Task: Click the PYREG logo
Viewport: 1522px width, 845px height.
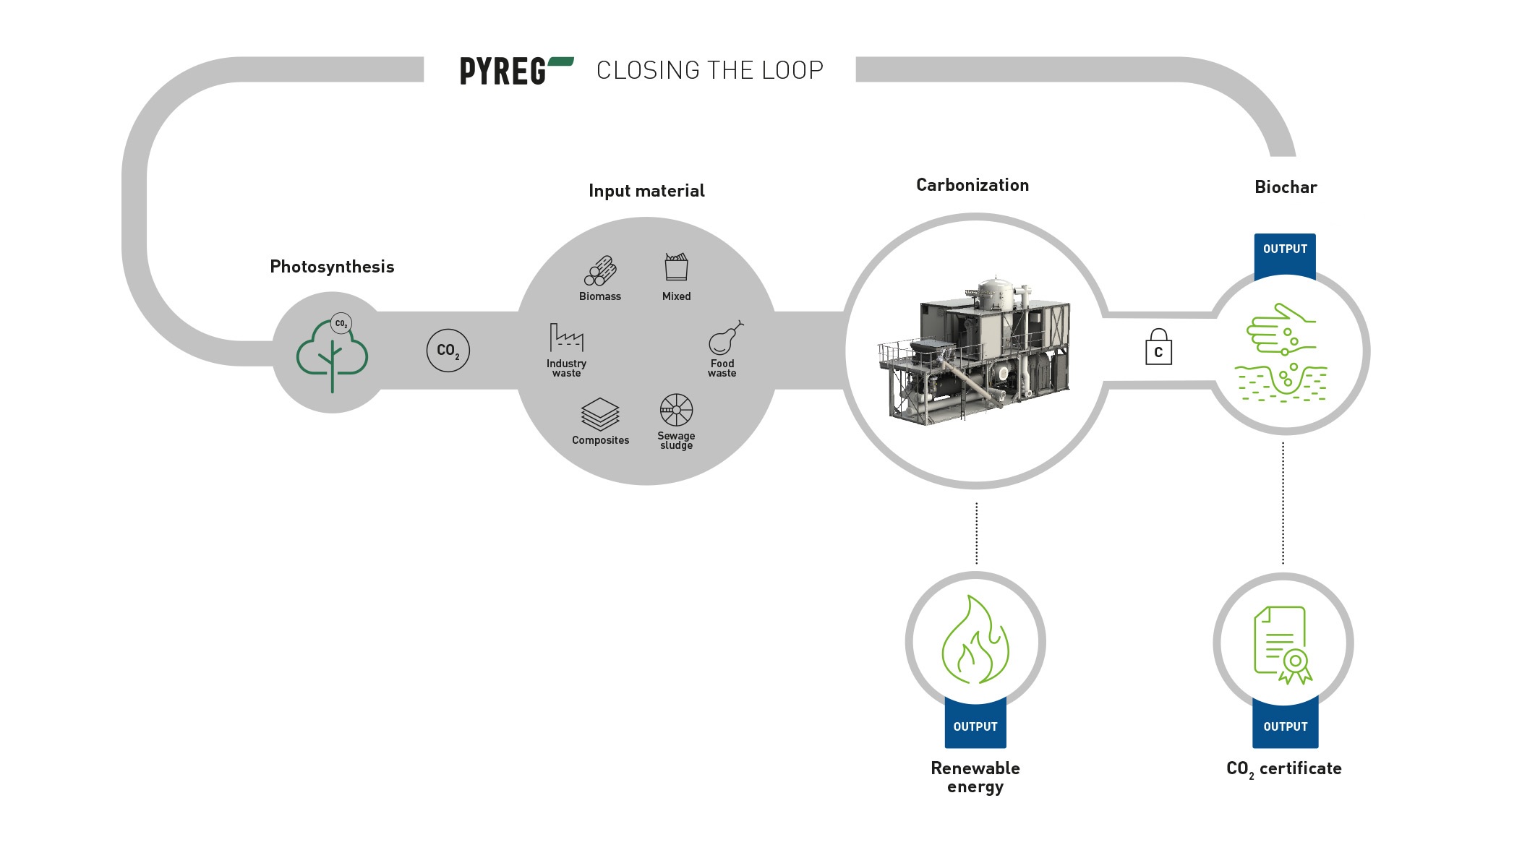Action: (x=516, y=71)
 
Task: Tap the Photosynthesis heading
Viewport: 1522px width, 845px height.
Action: (x=332, y=267)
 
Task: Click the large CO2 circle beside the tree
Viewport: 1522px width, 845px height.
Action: (x=448, y=351)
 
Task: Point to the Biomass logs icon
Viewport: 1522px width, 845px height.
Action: (x=600, y=271)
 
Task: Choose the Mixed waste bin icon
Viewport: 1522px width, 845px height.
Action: (x=676, y=267)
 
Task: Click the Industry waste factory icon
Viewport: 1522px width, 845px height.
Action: (x=566, y=338)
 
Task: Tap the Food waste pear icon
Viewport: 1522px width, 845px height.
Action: (x=725, y=338)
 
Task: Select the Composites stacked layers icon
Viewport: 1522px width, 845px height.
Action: (x=600, y=414)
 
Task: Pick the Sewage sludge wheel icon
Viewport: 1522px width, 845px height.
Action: (x=676, y=410)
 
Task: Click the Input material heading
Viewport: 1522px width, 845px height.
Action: (x=646, y=191)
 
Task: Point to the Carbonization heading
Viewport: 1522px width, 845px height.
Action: (x=972, y=185)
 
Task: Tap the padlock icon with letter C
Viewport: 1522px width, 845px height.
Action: (x=1158, y=348)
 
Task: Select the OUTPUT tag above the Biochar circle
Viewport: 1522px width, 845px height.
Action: (x=1285, y=249)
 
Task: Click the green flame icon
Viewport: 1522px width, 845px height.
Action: (x=975, y=640)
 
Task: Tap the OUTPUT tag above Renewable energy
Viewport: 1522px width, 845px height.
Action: (x=975, y=726)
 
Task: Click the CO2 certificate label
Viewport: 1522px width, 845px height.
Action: (x=1283, y=769)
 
